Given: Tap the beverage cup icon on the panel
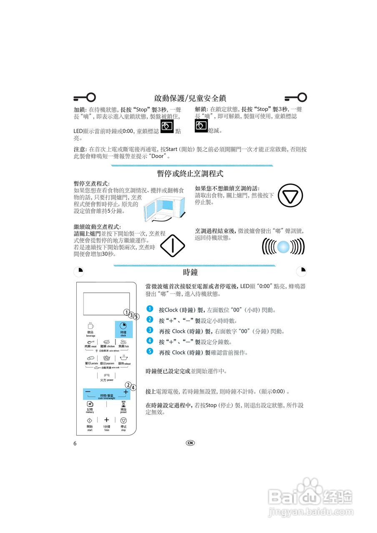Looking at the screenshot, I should (90, 326).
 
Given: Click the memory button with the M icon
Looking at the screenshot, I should (90, 404).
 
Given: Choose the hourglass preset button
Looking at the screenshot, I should (123, 404).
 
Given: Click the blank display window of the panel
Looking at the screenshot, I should (106, 304).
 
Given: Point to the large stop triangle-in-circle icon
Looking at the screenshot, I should (290, 196).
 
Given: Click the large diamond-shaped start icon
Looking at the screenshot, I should (172, 245).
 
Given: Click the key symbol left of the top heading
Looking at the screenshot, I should (85, 97).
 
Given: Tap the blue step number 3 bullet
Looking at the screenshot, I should (150, 330).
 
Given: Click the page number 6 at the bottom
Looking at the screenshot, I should (75, 443).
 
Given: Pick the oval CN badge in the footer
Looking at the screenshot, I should (190, 443).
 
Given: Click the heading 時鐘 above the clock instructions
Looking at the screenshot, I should (190, 273).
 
